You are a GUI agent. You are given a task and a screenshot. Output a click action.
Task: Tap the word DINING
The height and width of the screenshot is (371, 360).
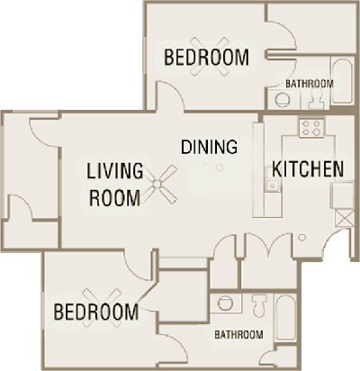click(209, 147)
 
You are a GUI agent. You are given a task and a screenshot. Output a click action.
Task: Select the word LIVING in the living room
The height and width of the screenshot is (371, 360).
click(115, 169)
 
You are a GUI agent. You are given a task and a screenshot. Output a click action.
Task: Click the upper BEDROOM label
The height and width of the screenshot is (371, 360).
click(206, 59)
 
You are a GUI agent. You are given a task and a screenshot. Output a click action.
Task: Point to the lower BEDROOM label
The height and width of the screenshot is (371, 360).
click(95, 312)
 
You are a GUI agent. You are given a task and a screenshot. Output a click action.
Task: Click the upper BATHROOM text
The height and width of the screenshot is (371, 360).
click(309, 84)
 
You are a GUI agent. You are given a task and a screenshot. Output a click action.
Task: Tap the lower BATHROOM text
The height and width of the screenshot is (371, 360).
click(238, 335)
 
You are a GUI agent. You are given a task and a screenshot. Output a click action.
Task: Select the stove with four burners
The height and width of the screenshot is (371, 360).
click(312, 126)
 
